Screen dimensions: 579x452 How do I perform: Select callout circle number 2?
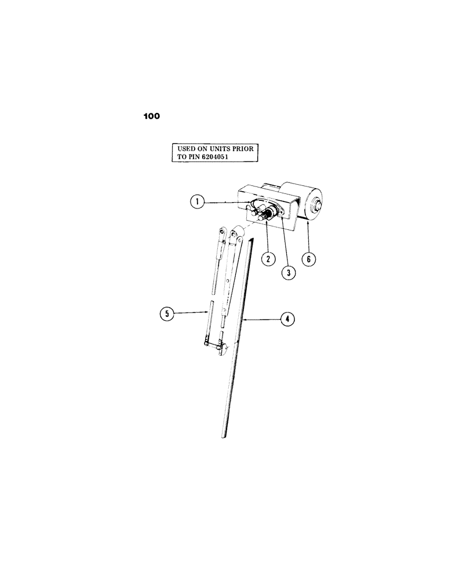click(268, 259)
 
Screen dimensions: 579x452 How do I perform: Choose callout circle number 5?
click(166, 314)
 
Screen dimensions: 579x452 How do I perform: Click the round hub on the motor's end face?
click(318, 206)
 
